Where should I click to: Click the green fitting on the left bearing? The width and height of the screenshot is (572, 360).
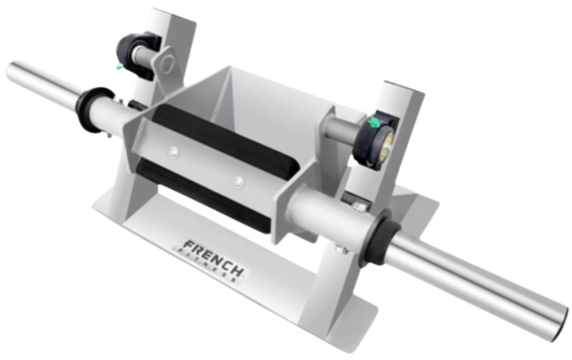pos(118,69)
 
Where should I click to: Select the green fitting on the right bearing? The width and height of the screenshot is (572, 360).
pos(372,124)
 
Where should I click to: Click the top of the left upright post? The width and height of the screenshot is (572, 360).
pos(174,12)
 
